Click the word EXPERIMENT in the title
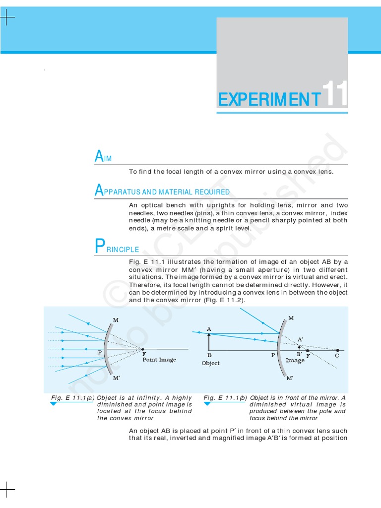click(269, 99)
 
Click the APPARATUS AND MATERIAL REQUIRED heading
click(162, 191)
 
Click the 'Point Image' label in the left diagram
click(159, 360)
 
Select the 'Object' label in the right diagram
click(210, 363)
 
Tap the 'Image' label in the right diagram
click(295, 361)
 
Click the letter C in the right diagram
click(337, 356)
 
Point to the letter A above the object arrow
click(209, 329)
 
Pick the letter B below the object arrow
click(209, 355)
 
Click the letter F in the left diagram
click(144, 354)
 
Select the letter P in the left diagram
click(100, 352)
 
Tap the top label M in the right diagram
click(291, 317)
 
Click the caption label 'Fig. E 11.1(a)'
click(72, 398)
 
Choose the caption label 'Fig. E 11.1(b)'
click(226, 398)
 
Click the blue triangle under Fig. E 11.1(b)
click(208, 404)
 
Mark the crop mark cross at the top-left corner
click(7, 18)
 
